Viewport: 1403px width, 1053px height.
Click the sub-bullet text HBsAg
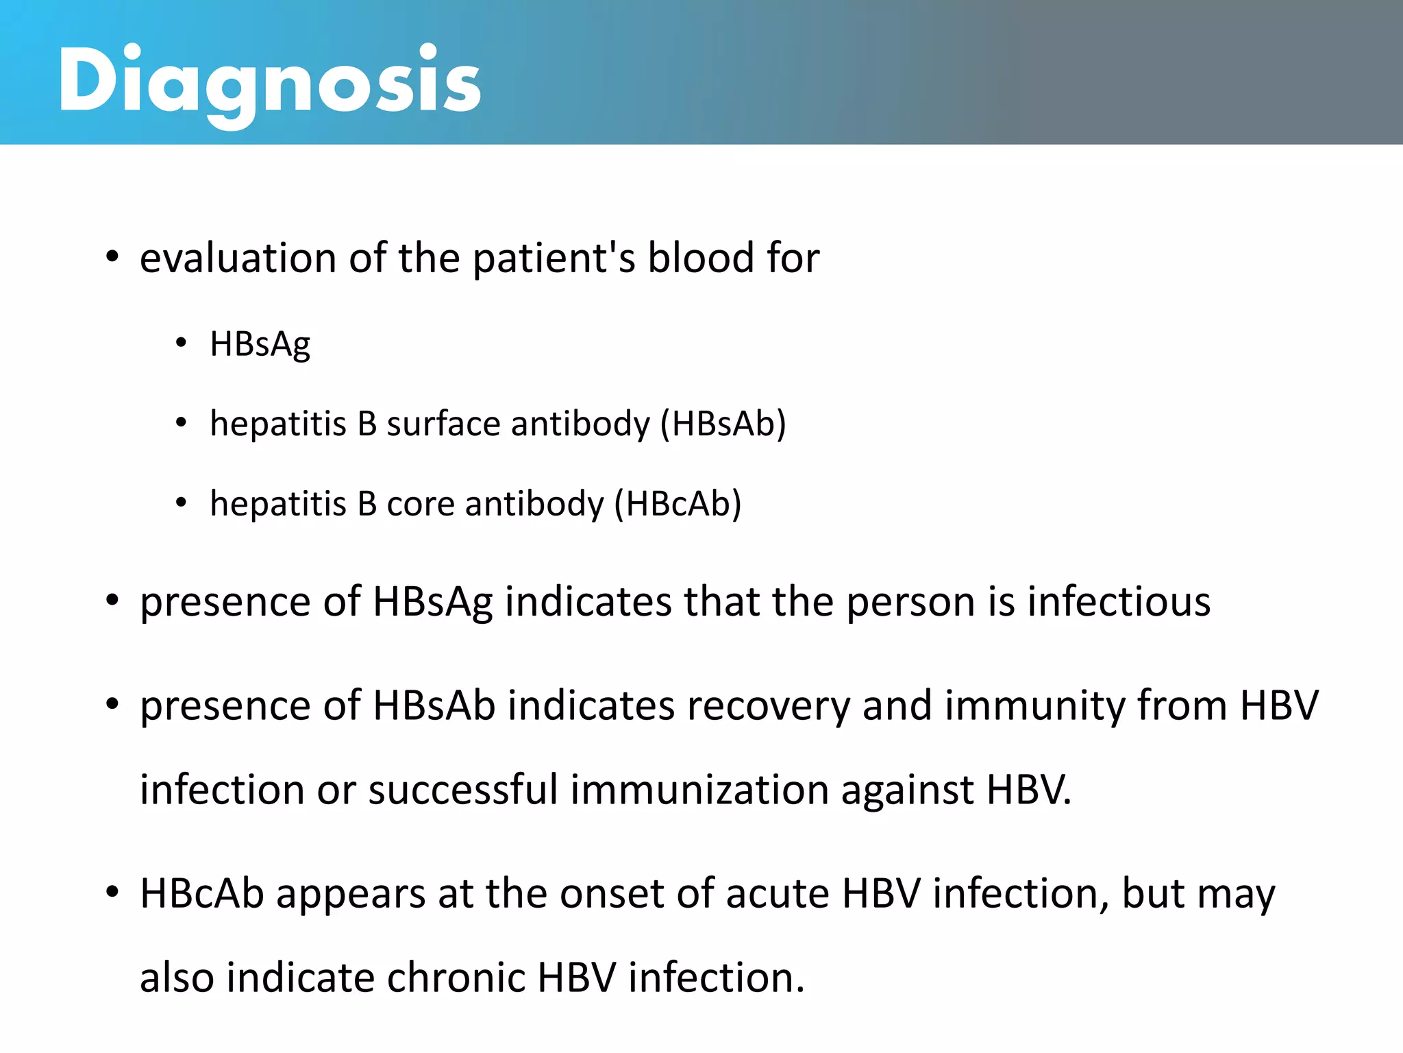point(260,344)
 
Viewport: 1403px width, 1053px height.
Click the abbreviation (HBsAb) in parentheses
point(723,424)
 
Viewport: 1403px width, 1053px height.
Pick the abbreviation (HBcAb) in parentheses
point(678,504)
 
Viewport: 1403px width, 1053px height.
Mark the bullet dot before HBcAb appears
point(112,893)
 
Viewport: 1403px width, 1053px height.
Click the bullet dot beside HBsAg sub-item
point(181,343)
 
